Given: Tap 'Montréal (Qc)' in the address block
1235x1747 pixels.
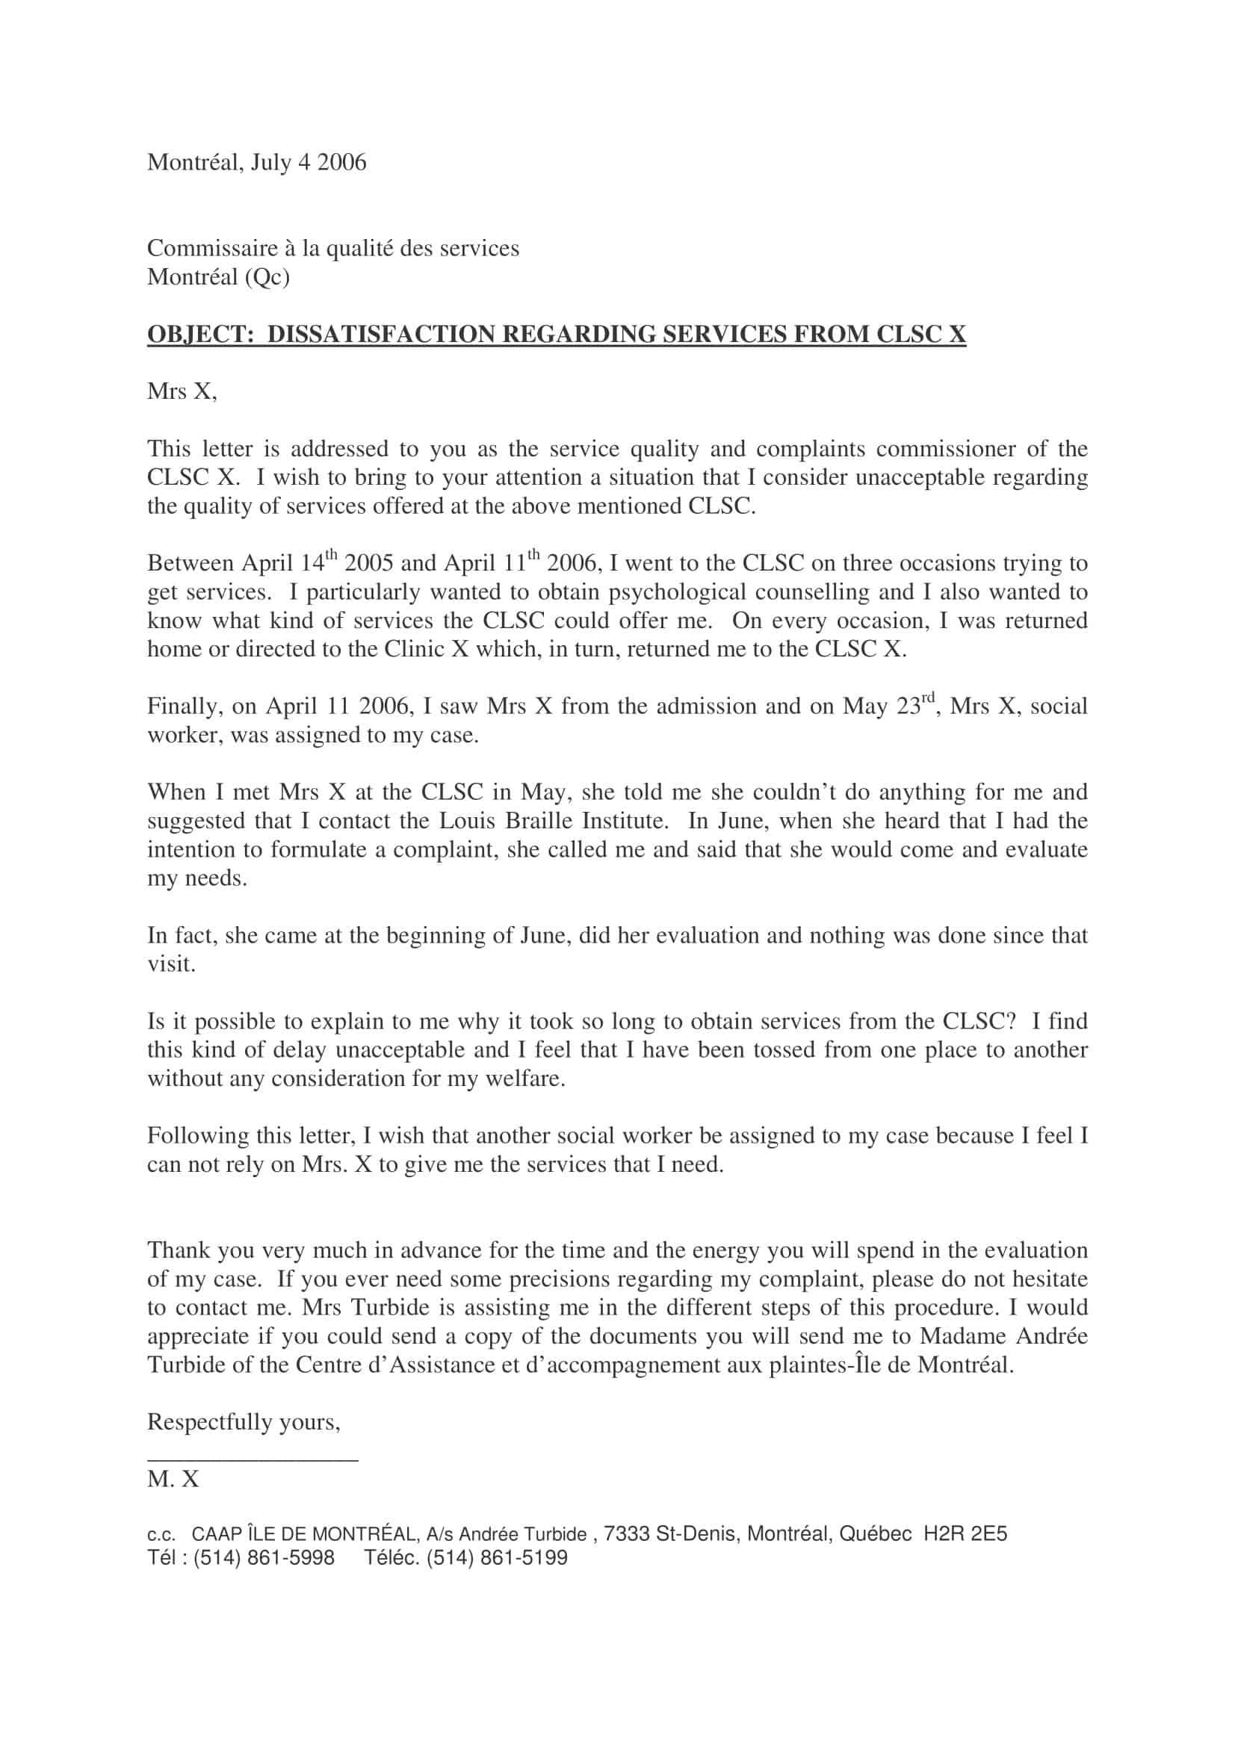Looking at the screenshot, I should point(218,278).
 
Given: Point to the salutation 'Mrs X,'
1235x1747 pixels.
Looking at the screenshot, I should point(182,392).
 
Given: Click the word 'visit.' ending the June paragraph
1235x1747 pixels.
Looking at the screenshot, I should point(171,965).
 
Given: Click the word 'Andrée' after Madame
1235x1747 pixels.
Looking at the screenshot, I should point(1053,1337).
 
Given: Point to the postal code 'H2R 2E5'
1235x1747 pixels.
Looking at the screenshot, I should point(965,1534).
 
